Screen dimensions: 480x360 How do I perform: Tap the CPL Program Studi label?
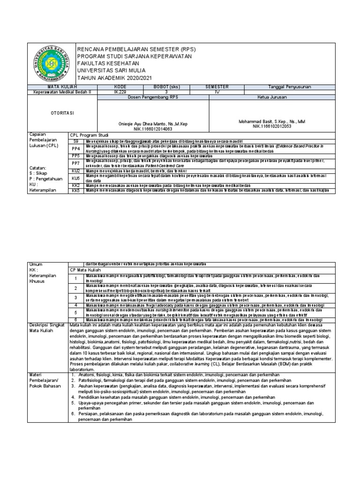90,135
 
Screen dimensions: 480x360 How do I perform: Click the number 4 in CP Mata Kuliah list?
75,305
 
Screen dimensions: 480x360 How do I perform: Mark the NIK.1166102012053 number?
272,126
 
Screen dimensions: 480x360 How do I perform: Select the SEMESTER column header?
217,87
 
